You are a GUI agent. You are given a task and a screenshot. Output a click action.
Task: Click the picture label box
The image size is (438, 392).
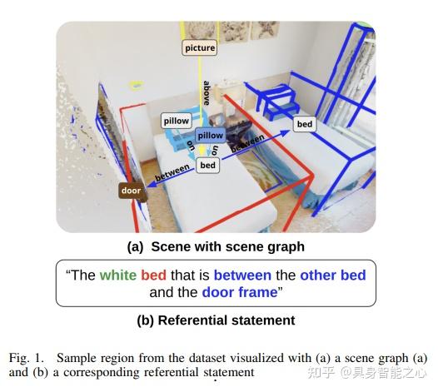pyautogui.click(x=200, y=47)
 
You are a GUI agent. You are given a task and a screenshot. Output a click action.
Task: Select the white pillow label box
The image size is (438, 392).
pyautogui.click(x=177, y=121)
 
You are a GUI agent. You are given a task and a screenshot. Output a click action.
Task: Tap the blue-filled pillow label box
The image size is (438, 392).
pyautogui.click(x=211, y=136)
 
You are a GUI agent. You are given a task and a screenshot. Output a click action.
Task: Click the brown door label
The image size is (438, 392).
pyautogui.click(x=131, y=191)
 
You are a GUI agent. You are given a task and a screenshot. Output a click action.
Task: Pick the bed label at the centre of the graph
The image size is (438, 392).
pyautogui.click(x=207, y=166)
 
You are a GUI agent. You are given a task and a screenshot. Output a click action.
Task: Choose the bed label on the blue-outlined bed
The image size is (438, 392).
pyautogui.click(x=305, y=124)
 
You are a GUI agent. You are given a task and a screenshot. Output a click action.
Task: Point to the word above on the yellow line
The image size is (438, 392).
pyautogui.click(x=207, y=93)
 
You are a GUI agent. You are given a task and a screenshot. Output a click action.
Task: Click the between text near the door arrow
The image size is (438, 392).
pyautogui.click(x=172, y=172)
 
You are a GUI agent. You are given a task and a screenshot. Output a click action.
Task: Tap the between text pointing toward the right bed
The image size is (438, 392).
pyautogui.click(x=247, y=143)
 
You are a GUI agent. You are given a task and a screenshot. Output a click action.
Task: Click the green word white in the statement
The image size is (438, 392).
pyautogui.click(x=118, y=275)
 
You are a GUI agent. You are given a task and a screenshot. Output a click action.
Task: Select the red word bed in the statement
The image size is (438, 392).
pyautogui.click(x=154, y=275)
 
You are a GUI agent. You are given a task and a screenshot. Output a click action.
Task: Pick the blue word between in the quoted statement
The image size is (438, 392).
pyautogui.click(x=242, y=275)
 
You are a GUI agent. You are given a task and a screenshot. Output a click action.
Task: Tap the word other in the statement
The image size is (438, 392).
pyautogui.click(x=318, y=275)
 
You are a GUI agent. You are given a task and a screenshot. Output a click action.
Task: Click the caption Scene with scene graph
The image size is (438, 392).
pyautogui.click(x=228, y=247)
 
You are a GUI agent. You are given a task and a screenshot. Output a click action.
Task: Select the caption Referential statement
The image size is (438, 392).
pyautogui.click(x=226, y=320)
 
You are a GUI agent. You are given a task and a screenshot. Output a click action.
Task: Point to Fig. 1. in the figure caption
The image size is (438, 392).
pyautogui.click(x=27, y=358)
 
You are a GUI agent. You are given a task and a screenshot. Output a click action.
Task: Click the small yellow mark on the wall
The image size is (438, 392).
pyautogui.click(x=136, y=86)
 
